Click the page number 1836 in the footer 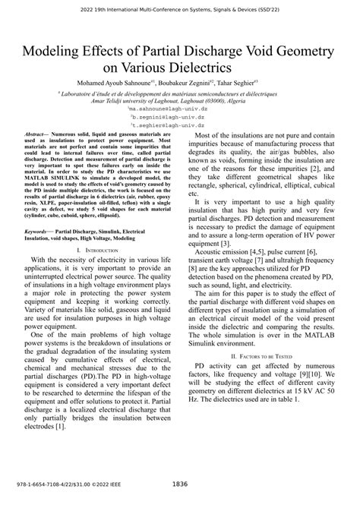click(x=180, y=484)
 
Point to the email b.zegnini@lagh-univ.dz click(x=179, y=119)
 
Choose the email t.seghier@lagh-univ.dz click(x=179, y=128)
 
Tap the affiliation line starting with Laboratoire click(x=180, y=94)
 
